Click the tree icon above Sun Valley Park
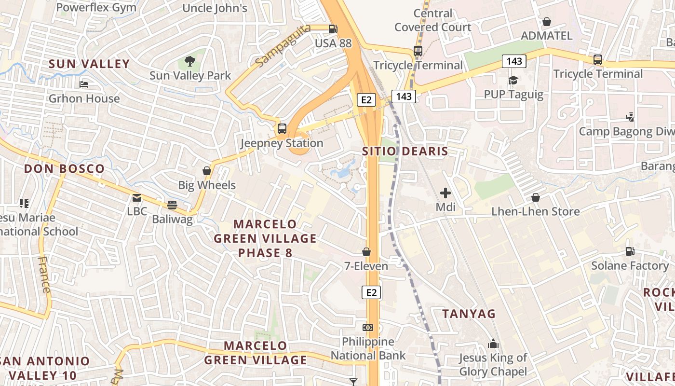190,61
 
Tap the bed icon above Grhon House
84,84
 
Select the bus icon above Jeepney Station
282,129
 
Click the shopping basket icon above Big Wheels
207,171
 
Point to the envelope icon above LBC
137,197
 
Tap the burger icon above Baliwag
172,205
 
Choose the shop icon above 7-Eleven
366,252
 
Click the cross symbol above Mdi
445,193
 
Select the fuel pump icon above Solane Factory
630,251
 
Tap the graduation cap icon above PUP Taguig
513,80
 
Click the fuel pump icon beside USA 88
333,29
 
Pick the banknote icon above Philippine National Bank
368,328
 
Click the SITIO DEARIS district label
405,152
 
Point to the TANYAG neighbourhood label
469,314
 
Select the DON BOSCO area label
64,169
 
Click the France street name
44,275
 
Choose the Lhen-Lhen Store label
535,211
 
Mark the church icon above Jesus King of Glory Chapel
493,344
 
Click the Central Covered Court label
433,20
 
